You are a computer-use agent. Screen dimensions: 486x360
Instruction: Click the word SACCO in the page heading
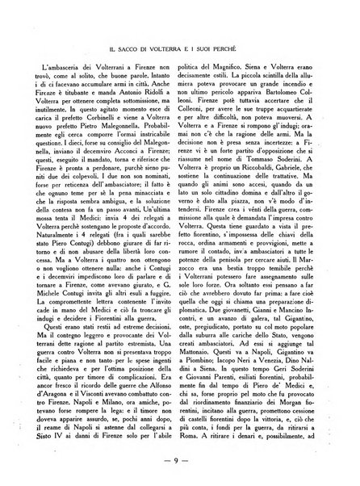[x=131, y=36]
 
